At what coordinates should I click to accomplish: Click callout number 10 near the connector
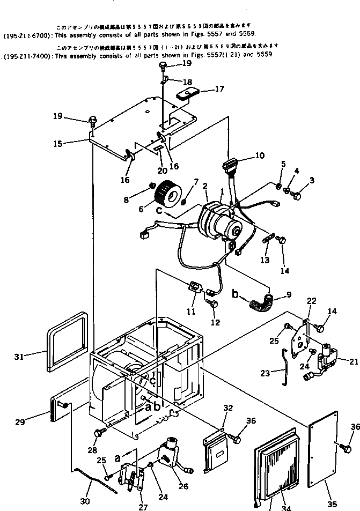[x=260, y=156]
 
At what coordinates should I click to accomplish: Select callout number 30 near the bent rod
[x=85, y=501]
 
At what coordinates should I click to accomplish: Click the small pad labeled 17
[x=187, y=95]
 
